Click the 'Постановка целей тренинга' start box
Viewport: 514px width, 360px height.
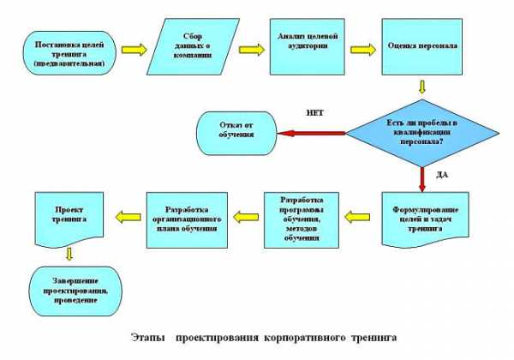click(69, 53)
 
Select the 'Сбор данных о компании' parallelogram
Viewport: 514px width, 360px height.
click(193, 46)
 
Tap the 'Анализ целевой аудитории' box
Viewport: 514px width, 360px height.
click(308, 46)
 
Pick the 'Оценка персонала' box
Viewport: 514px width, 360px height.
click(421, 46)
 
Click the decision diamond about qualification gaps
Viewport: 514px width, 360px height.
click(422, 133)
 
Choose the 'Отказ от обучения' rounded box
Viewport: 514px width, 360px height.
click(236, 133)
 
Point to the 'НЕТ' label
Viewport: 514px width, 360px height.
click(314, 113)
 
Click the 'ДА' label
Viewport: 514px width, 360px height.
click(442, 175)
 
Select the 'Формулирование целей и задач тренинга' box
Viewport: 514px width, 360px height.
click(425, 219)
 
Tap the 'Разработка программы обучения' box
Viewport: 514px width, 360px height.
click(302, 220)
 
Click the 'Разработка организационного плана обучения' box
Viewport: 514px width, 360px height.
click(187, 220)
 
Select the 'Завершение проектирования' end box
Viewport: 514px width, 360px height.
click(75, 291)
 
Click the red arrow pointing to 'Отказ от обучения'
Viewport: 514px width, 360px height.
click(312, 133)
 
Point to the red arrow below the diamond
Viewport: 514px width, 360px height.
click(422, 180)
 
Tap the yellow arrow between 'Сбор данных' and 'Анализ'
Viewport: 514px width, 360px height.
click(252, 50)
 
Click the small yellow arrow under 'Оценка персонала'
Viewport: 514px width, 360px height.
click(422, 87)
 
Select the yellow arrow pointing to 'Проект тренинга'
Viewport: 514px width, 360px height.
click(128, 217)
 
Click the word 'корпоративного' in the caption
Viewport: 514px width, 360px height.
click(305, 338)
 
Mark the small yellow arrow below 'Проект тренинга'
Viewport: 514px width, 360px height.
click(69, 254)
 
